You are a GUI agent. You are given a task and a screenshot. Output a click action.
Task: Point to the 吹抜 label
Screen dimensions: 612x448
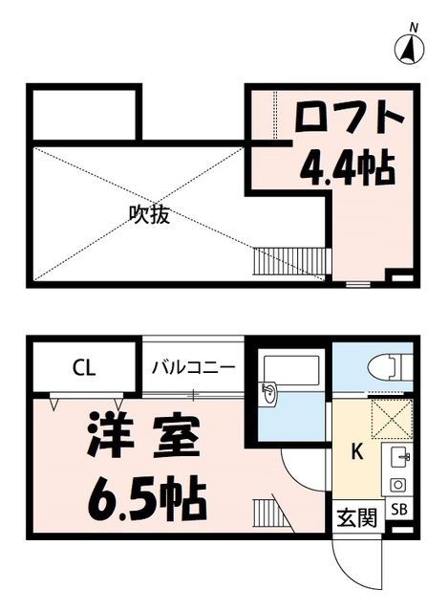click(150, 214)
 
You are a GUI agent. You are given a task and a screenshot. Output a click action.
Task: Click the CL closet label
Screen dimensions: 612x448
click(82, 366)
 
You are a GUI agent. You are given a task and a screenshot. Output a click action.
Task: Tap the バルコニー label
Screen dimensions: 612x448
click(194, 366)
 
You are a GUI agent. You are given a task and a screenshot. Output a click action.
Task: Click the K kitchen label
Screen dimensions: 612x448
click(356, 452)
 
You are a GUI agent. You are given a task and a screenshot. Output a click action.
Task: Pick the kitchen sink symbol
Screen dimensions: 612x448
click(398, 456)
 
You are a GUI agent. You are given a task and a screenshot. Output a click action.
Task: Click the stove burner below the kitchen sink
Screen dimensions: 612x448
click(398, 484)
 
